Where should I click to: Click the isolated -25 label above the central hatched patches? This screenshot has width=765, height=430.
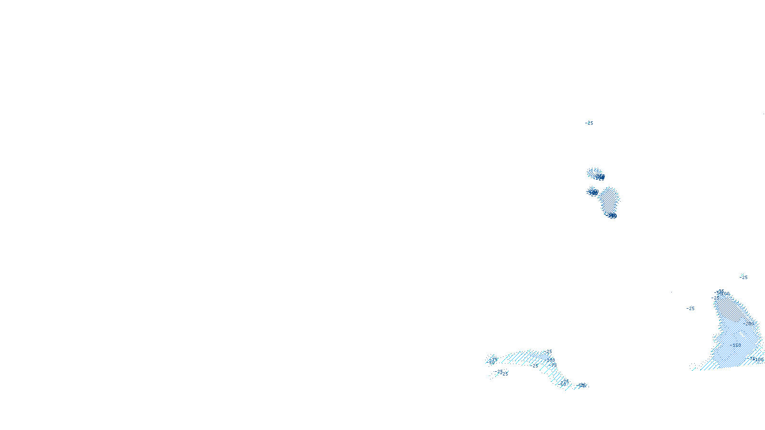pos(589,123)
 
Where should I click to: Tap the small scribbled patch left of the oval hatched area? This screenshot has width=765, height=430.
pos(592,192)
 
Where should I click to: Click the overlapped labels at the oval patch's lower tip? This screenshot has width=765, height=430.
pos(612,215)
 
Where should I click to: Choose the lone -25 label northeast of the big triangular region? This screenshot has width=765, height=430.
pos(743,277)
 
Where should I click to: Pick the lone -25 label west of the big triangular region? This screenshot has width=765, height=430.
pos(690,309)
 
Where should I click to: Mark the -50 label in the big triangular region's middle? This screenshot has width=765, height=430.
pos(737,345)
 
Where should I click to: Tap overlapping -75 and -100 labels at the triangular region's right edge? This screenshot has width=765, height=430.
pos(756,359)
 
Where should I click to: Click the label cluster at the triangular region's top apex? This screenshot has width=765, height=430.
pos(720,292)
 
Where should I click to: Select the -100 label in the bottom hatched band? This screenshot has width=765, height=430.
pos(550,359)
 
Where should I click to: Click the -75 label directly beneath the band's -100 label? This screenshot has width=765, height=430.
pos(553,365)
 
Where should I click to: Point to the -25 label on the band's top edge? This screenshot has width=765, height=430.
pos(548,352)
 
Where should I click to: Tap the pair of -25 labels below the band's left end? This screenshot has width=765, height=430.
pos(502,373)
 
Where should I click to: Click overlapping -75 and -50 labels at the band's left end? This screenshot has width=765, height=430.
pos(493,361)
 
